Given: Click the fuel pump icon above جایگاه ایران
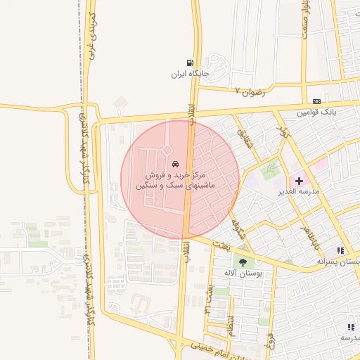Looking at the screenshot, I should click(x=190, y=63).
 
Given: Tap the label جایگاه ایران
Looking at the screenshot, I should click(x=190, y=74).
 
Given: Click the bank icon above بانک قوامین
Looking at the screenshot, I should click(x=316, y=101).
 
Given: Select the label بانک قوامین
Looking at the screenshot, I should click(x=316, y=112).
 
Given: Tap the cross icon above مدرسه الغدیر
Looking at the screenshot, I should click(x=299, y=181).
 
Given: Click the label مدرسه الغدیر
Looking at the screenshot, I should click(x=300, y=191).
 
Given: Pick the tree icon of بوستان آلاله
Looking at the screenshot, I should click(x=243, y=262).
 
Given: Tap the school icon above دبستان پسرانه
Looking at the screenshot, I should click(x=341, y=250).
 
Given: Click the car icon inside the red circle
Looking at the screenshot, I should click(x=174, y=162).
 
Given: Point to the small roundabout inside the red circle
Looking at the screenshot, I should click(x=167, y=150).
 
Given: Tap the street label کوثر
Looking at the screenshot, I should click(x=283, y=131).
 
